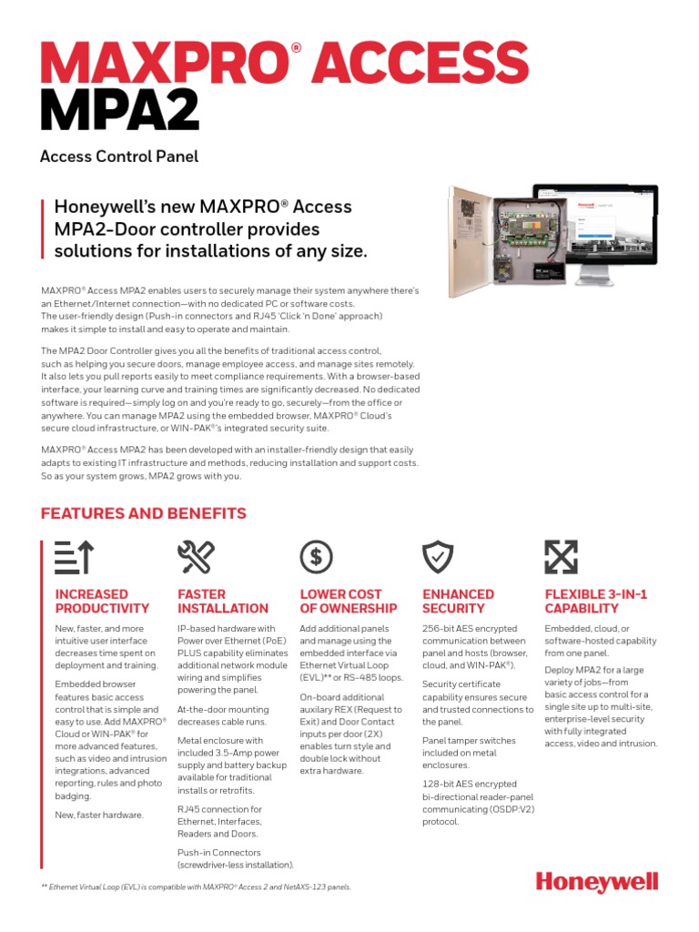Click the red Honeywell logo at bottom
[x=596, y=882]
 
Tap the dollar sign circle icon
[x=316, y=556]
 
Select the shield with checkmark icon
[x=438, y=556]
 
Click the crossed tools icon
[x=196, y=556]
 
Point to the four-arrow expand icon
[x=562, y=556]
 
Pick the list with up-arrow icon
[x=74, y=556]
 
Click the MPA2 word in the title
[x=119, y=108]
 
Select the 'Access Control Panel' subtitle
[x=119, y=156]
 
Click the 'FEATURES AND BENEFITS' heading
[x=144, y=513]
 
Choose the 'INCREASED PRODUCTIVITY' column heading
[x=102, y=601]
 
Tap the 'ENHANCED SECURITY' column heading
[x=458, y=601]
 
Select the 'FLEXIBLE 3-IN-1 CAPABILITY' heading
[x=595, y=601]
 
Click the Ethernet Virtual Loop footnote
[x=196, y=886]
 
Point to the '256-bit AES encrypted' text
[x=470, y=629]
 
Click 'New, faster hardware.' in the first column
[x=99, y=815]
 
